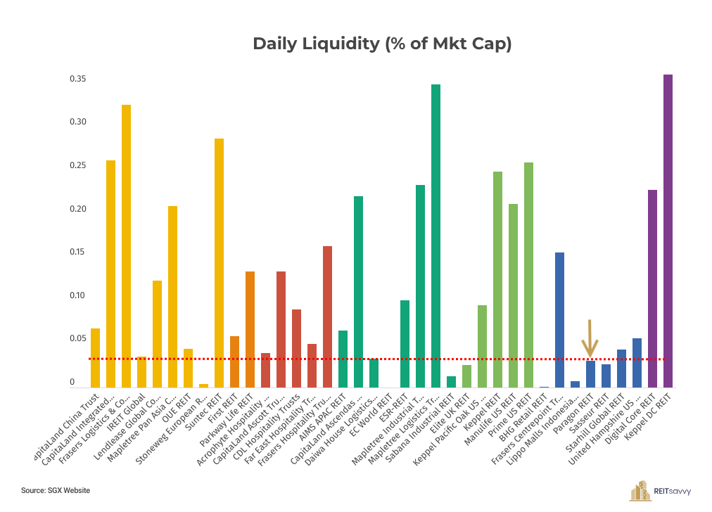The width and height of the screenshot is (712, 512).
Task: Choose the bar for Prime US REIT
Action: point(528,274)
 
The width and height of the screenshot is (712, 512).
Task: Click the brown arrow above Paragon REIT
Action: point(590,338)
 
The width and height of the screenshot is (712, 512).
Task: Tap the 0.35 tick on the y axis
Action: point(77,79)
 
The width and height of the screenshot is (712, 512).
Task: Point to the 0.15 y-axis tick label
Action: point(77,252)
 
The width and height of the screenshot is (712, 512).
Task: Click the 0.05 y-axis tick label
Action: point(77,338)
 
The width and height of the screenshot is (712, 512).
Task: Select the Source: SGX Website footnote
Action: point(56,489)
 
